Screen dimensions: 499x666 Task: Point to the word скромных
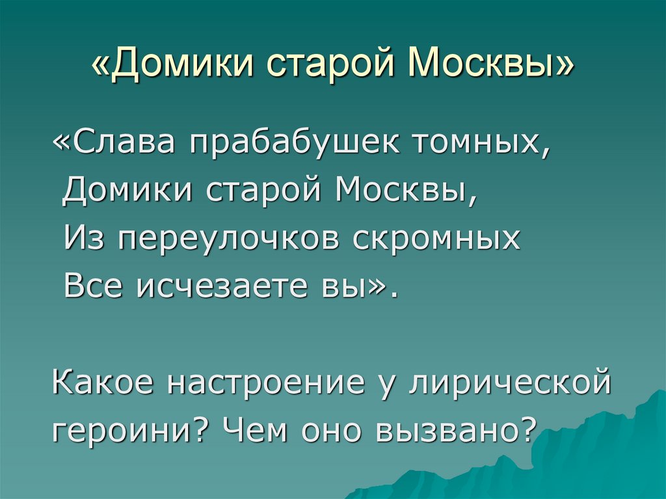coord(437,239)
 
